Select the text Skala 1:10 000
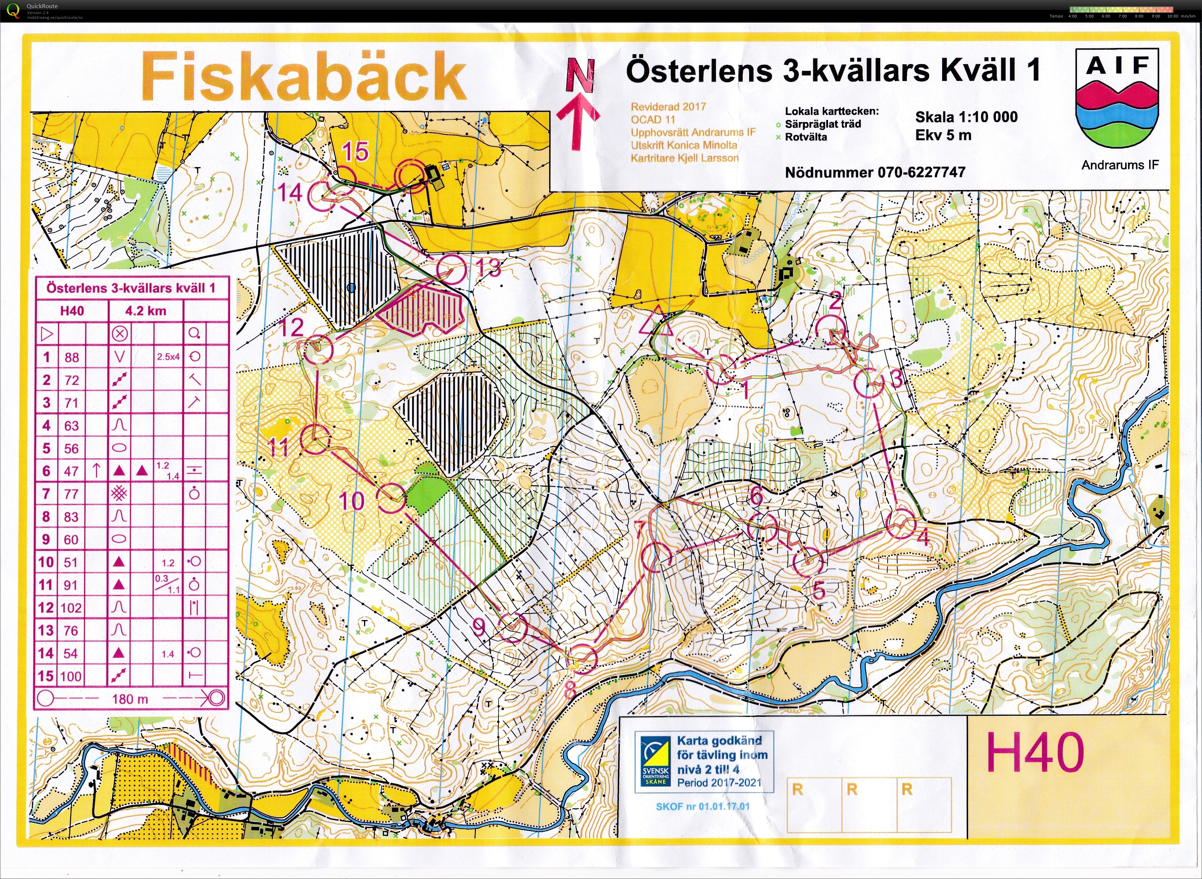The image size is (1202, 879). (x=966, y=117)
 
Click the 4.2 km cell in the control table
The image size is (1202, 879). (x=145, y=311)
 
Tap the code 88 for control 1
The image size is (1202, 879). (x=72, y=357)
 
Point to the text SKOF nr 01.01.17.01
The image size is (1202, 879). (x=702, y=806)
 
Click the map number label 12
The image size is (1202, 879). (x=291, y=327)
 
